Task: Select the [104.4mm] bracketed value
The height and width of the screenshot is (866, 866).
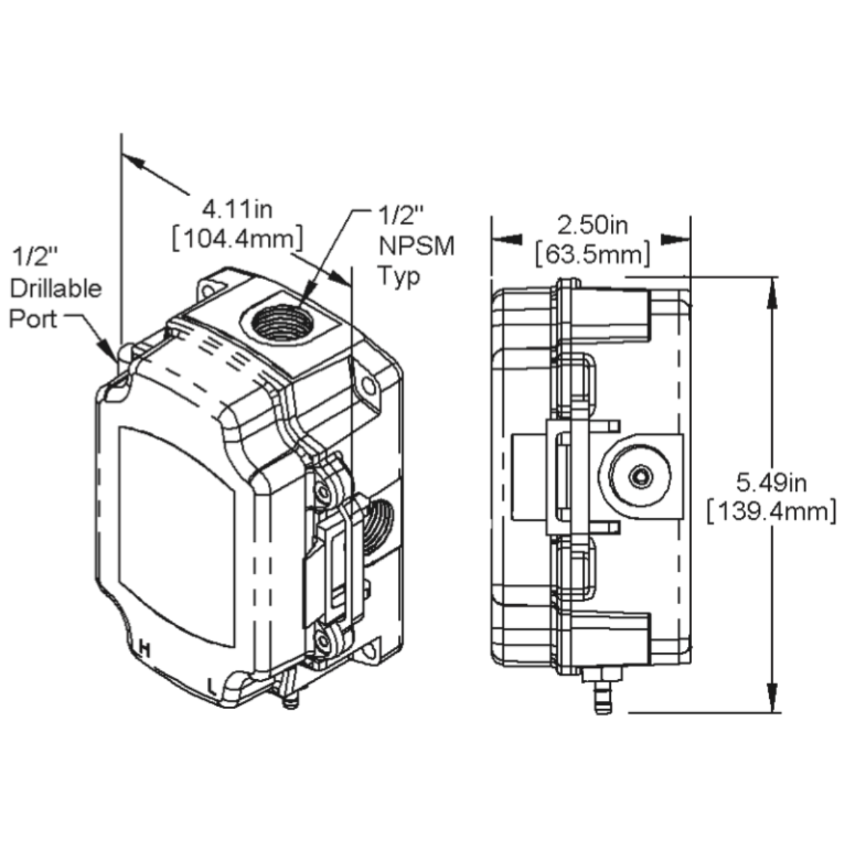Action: point(237,239)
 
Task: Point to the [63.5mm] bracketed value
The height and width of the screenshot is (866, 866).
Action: point(593,255)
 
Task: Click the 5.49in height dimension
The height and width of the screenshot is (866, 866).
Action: point(771,482)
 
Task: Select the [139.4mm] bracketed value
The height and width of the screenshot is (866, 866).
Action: point(771,511)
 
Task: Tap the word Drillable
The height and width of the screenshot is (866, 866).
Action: point(55,288)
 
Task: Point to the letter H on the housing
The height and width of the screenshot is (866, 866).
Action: point(143,649)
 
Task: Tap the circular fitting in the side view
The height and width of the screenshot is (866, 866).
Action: point(639,476)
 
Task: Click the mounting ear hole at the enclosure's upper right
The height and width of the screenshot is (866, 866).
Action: point(368,386)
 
